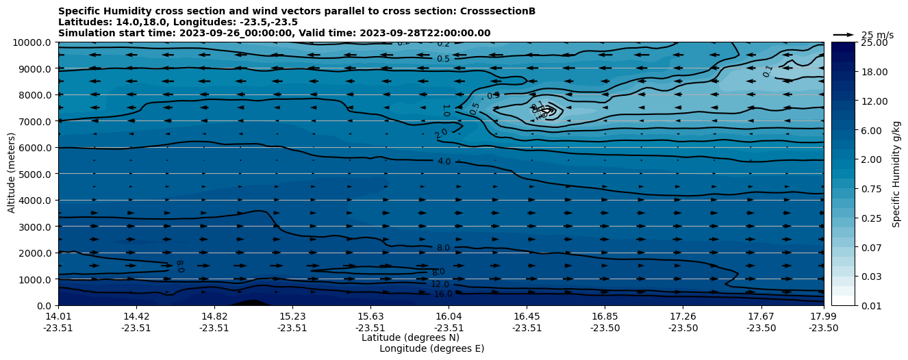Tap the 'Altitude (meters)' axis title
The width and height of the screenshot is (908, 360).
tap(12, 174)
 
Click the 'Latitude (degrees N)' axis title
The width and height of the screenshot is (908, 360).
tap(410, 337)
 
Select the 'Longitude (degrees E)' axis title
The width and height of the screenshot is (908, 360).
tap(431, 348)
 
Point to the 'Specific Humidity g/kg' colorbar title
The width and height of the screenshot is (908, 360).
tap(897, 174)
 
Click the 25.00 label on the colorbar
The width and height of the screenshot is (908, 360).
tap(874, 42)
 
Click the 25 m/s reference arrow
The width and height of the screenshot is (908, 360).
tap(843, 35)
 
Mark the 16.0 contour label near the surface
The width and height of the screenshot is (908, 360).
tap(443, 294)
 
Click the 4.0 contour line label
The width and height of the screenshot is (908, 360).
tap(444, 162)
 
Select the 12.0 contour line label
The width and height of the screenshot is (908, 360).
tap(440, 284)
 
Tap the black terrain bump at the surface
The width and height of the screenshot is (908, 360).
tap(250, 303)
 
